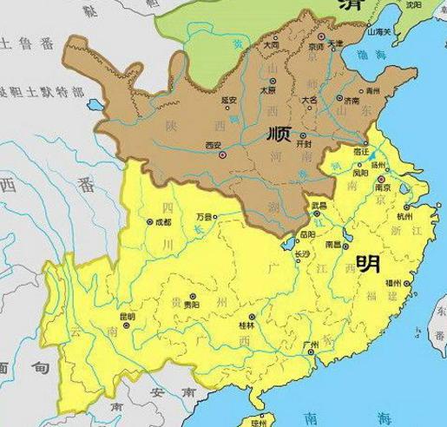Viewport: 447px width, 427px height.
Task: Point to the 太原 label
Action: tap(243, 89)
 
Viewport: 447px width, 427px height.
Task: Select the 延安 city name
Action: tap(230, 101)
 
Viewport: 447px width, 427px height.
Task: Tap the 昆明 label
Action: tap(126, 316)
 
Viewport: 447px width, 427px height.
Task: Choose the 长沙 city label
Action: tap(301, 253)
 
